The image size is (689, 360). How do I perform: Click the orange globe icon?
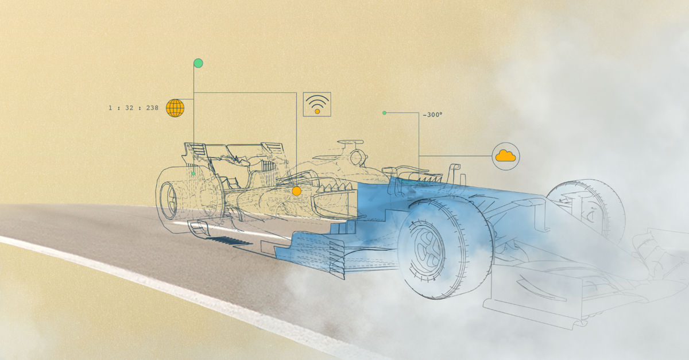click(x=175, y=108)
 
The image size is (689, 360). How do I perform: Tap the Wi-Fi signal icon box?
click(x=317, y=104)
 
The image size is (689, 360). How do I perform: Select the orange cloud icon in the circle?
click(x=506, y=156)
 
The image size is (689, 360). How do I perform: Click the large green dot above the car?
click(x=198, y=63)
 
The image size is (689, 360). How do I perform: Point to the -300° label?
click(x=432, y=115)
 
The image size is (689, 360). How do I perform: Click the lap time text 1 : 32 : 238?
click(x=133, y=108)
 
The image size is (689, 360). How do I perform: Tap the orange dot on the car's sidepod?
click(x=296, y=191)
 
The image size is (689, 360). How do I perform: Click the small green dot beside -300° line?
click(x=384, y=113)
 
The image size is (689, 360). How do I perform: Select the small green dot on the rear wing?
click(x=193, y=174)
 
